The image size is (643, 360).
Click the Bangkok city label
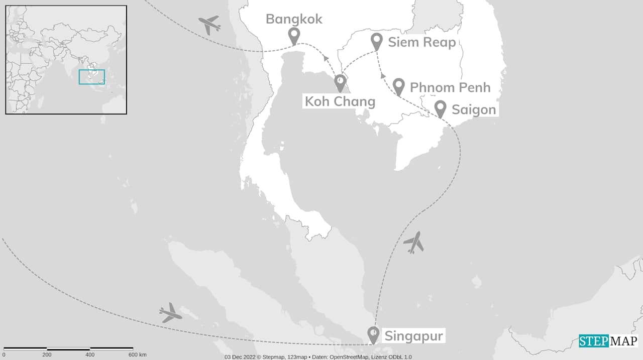coord(294,19)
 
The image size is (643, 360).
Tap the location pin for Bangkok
coord(294,35)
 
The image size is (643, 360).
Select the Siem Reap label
coord(421,42)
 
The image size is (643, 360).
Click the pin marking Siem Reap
coord(377,41)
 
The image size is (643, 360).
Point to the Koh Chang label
coord(340,101)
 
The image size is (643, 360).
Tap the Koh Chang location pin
coord(340,82)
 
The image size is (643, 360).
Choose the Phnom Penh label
coord(450,87)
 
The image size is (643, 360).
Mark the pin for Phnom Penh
coord(399,86)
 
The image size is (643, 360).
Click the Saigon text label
coord(473,109)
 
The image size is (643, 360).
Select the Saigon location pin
coord(440,108)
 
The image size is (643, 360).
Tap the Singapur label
coord(413,336)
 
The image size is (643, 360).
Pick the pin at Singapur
coord(373,334)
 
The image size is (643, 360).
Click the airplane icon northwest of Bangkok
coord(209,24)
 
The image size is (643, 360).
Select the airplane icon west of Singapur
coord(170,313)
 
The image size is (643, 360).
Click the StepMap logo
coord(608,341)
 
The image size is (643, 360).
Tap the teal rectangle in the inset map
coord(92,77)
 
